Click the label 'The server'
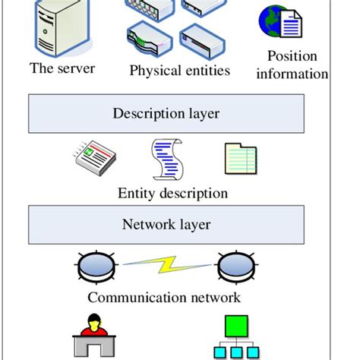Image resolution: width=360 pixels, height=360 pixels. (x=62, y=68)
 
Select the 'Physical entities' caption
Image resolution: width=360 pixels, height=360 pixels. (x=178, y=71)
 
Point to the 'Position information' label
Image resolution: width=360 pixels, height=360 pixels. (x=292, y=65)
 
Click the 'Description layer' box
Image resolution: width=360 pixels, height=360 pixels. (x=166, y=114)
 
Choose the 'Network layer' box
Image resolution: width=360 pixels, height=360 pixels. (x=166, y=225)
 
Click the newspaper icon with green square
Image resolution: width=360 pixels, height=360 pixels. (x=93, y=157)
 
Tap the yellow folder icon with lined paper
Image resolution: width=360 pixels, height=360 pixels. (x=241, y=159)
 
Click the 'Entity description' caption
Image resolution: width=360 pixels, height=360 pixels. (x=172, y=193)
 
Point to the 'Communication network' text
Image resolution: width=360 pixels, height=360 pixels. (x=164, y=297)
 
